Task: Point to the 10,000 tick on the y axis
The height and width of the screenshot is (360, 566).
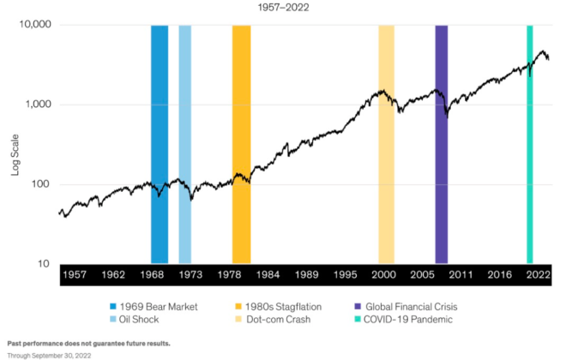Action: (x=35, y=25)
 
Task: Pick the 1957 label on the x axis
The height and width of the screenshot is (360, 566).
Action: (x=75, y=274)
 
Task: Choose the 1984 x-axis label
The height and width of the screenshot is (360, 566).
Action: (x=268, y=274)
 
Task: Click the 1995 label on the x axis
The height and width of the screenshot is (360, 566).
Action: (x=346, y=274)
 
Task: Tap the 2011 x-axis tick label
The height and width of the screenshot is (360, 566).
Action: (x=461, y=274)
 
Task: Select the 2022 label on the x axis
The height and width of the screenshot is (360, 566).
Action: (x=538, y=274)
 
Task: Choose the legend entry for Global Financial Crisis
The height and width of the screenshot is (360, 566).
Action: (x=408, y=306)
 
